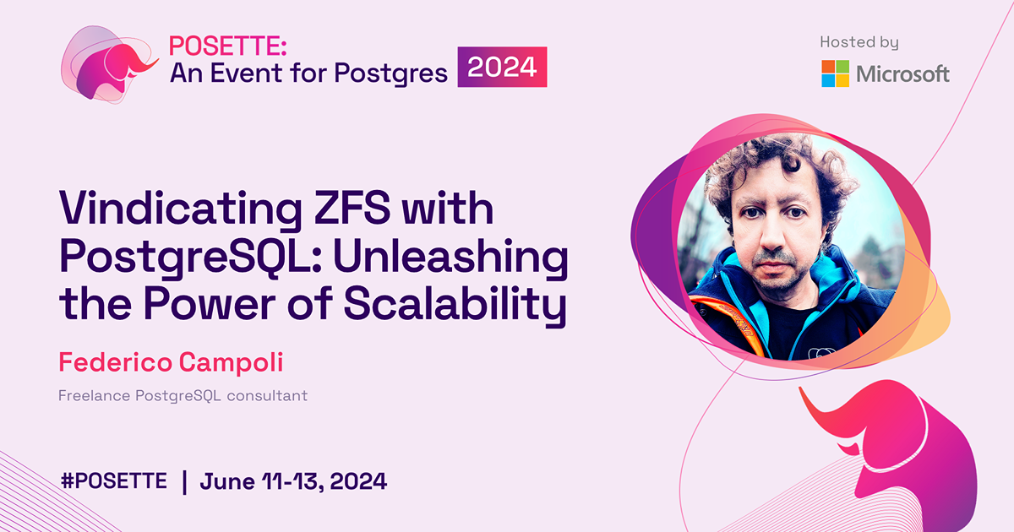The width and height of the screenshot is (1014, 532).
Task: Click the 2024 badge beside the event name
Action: click(503, 68)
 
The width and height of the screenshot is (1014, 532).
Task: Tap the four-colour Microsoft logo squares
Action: click(836, 73)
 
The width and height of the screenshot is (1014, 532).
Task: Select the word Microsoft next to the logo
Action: click(903, 74)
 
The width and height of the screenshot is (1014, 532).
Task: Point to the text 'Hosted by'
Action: click(859, 41)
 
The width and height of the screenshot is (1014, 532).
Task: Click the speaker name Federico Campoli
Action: click(171, 362)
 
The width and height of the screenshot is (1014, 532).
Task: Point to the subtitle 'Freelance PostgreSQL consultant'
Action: click(183, 395)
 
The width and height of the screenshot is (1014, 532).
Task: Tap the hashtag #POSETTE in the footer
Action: click(114, 481)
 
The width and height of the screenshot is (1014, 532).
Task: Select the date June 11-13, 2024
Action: click(293, 481)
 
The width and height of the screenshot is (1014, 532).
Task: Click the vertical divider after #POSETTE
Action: click(184, 481)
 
